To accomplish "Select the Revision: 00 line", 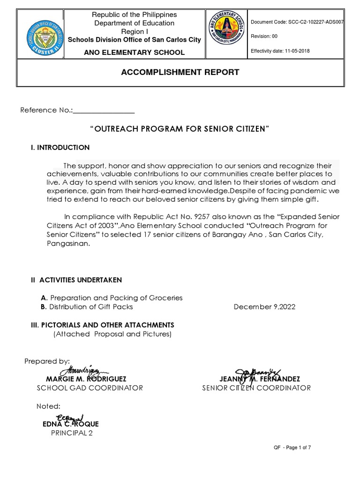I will point(264,37).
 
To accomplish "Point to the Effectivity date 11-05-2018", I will point(280,51).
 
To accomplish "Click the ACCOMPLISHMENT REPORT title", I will point(180,72).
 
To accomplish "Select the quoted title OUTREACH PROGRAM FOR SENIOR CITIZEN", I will point(180,129).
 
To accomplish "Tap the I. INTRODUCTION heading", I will point(60,148).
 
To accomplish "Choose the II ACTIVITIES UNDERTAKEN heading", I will point(76,280).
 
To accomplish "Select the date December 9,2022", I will point(264,307).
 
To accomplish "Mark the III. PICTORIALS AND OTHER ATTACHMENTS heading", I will point(102,325).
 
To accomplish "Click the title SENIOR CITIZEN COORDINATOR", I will point(256,388).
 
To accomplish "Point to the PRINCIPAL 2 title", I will point(71,433).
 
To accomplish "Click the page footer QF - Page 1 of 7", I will point(292,448).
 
